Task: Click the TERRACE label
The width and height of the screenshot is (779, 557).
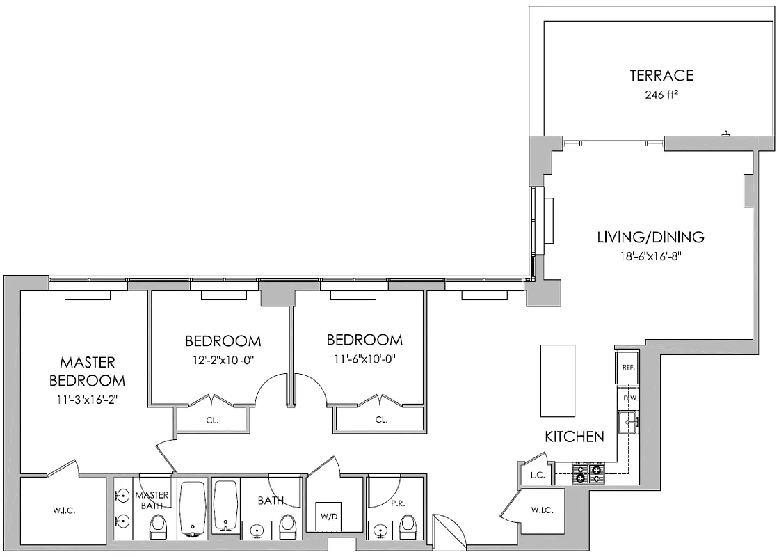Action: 661,76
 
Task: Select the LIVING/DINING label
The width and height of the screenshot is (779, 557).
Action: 650,237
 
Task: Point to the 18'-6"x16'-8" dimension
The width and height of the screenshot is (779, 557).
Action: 650,256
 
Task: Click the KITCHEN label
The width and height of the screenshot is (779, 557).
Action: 574,437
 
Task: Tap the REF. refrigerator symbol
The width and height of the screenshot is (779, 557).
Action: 627,368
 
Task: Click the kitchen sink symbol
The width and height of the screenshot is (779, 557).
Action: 628,423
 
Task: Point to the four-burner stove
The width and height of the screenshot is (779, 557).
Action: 588,474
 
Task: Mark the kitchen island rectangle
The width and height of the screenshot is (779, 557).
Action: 558,379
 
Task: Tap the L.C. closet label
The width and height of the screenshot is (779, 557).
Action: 536,475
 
